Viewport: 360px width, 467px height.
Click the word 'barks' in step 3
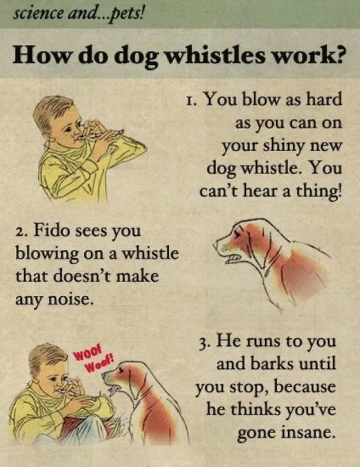[274, 363]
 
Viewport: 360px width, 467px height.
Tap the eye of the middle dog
[238, 233]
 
